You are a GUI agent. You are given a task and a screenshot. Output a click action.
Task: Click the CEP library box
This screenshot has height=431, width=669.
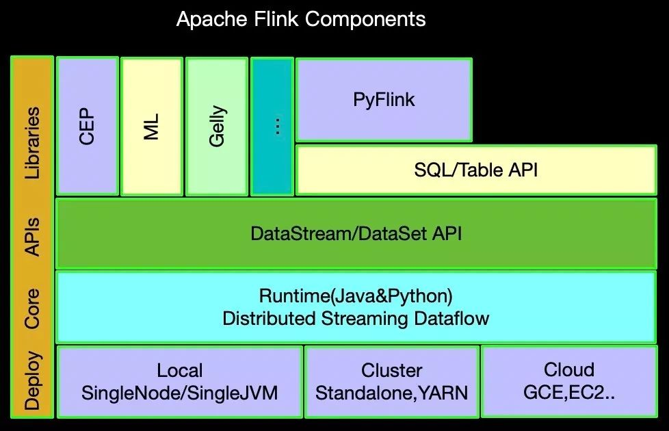coord(87,127)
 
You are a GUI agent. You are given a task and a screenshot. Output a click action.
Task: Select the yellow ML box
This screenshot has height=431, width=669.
coord(152,127)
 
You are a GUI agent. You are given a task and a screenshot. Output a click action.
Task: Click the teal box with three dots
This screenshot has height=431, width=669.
coord(272,127)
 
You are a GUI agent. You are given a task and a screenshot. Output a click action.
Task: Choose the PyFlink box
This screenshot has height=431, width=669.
coord(384,100)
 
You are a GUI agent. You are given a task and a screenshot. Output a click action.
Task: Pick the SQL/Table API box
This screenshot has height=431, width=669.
coord(475,170)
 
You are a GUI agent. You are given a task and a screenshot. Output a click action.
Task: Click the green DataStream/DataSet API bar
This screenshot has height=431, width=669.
coord(356,233)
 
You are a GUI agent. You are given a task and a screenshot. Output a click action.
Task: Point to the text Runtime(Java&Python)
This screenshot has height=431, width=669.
coord(356,296)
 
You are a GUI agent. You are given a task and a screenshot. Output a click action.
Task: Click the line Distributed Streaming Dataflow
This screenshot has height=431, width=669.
coord(356,319)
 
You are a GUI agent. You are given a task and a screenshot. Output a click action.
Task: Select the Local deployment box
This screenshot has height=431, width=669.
coord(180,381)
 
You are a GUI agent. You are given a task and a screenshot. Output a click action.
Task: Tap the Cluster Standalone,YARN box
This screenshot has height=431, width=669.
coord(391,381)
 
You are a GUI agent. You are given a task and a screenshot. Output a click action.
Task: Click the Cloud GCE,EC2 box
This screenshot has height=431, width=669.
coord(568,381)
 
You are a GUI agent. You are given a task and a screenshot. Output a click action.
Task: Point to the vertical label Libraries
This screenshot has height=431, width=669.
coord(32,142)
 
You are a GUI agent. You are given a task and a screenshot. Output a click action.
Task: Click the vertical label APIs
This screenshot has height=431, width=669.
coord(32,237)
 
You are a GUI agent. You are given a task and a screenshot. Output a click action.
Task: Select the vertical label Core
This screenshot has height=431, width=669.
coord(32,309)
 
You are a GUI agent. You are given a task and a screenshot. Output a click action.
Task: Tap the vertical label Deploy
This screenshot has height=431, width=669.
coord(32,381)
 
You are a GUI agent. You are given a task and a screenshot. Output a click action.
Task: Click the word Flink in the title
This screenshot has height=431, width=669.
coord(276,19)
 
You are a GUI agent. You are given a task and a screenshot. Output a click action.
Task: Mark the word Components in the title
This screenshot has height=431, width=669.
coord(365,19)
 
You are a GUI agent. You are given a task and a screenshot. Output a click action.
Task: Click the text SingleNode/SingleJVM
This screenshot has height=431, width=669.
coord(180,393)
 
